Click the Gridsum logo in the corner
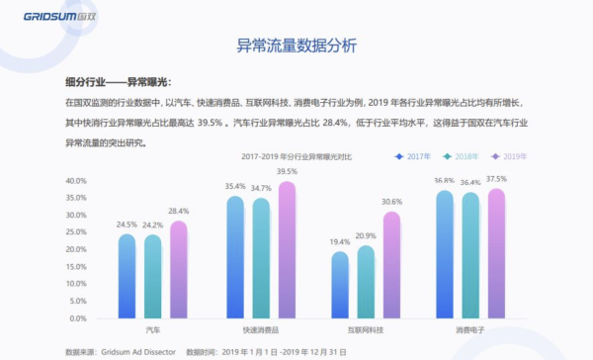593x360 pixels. [x=46, y=14]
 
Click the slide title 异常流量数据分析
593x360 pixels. [x=296, y=45]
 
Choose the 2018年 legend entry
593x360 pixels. [x=462, y=156]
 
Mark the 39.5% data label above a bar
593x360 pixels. [x=287, y=172]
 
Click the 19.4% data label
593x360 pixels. [x=340, y=242]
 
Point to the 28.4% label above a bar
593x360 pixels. [x=179, y=211]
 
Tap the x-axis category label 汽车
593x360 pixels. [x=152, y=329]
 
